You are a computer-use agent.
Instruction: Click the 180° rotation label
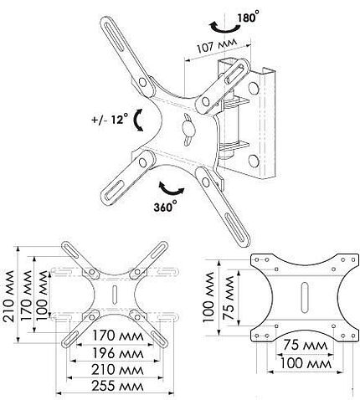(x=246, y=18)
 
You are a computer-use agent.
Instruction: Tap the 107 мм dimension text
(x=217, y=45)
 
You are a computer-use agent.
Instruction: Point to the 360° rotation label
(x=165, y=207)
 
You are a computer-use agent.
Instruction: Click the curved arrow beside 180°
(x=225, y=28)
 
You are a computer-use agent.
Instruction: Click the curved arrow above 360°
(x=171, y=189)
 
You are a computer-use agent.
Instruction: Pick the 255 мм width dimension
(x=117, y=386)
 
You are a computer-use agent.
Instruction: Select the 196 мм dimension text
(x=117, y=353)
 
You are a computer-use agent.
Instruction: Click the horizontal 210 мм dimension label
(x=117, y=370)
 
